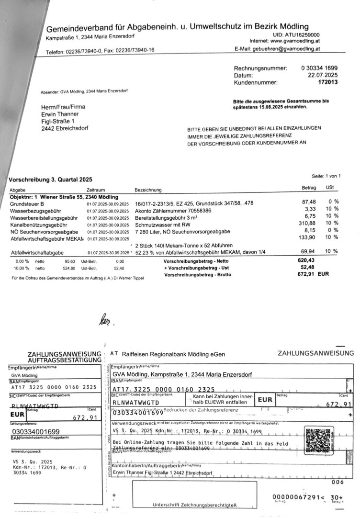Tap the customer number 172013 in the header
(x=328, y=83)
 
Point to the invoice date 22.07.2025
(x=323, y=76)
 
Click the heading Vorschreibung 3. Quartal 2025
(x=50, y=180)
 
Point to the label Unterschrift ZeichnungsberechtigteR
(x=194, y=505)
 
